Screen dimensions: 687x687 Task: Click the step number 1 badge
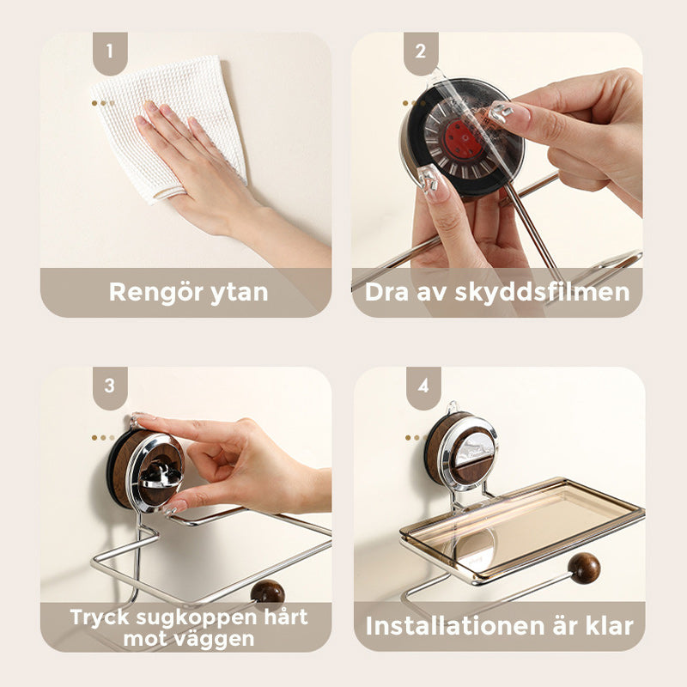click(x=110, y=51)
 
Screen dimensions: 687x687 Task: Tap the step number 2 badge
click(x=421, y=51)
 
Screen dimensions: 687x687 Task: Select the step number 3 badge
click(x=110, y=386)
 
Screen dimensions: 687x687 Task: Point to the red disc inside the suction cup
click(x=464, y=136)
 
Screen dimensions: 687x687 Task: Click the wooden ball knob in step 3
click(x=267, y=593)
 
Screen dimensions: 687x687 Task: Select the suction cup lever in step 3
click(x=155, y=468)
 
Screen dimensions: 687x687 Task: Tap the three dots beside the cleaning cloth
click(x=103, y=102)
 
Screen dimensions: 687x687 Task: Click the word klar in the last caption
click(x=608, y=625)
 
